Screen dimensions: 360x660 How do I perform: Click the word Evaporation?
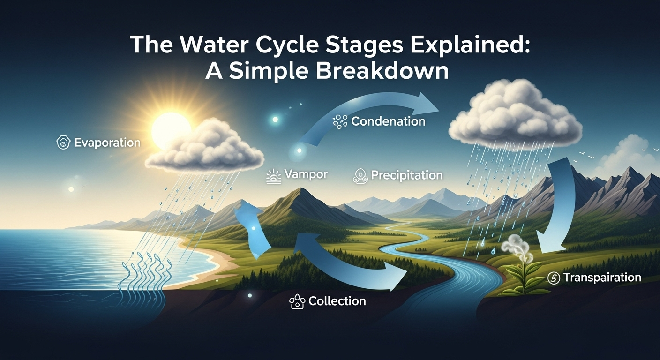[x=107, y=142]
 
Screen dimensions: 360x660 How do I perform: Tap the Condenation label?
[x=388, y=121]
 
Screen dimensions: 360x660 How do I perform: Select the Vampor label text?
[x=306, y=174]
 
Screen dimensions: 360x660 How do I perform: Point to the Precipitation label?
[x=407, y=175]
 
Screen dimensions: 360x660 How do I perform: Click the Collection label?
[x=337, y=301]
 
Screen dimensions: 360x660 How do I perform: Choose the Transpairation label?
[x=602, y=277]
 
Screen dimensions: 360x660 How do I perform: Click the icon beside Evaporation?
[x=63, y=142]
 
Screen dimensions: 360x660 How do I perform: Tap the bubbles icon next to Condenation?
[x=339, y=122]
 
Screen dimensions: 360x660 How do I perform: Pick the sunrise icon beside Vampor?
[x=274, y=176]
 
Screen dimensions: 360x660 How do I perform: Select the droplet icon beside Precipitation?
[x=359, y=176]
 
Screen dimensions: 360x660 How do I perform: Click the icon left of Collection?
[x=297, y=301]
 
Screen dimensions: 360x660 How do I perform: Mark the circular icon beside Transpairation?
[x=554, y=278]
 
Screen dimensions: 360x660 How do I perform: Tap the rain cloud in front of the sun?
[x=206, y=148]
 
